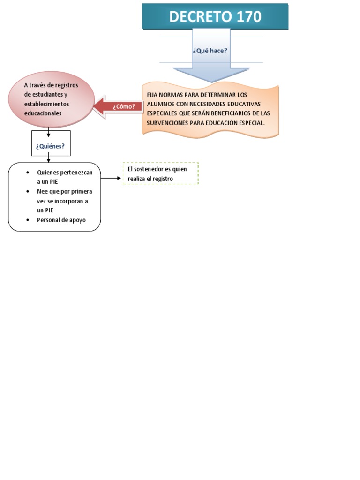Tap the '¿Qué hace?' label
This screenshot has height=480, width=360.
point(210,50)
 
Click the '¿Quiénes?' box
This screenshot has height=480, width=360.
point(50,146)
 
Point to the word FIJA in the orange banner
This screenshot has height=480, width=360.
point(153,95)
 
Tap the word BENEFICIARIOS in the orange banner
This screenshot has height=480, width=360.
point(231,113)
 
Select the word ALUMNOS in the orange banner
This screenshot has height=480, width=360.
point(161,104)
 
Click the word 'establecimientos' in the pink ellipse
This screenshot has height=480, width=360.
point(46,104)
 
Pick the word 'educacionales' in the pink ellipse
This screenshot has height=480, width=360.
point(43,113)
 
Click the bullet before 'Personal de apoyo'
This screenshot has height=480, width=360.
point(28,220)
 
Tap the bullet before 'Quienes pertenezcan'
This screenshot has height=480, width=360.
point(28,172)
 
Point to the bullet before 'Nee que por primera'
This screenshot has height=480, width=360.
point(28,192)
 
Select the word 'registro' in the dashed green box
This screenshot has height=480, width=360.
point(163,179)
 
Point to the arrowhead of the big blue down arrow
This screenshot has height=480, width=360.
point(211,75)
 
